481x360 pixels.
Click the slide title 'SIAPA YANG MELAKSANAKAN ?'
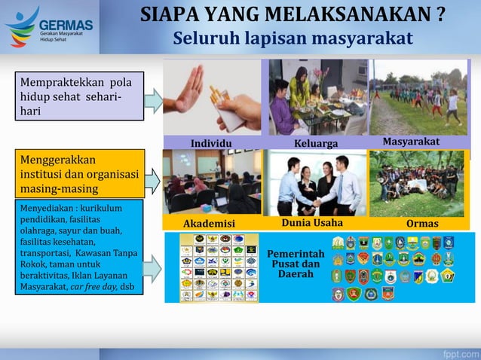tap(293, 15)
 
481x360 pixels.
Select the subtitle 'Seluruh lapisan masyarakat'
tap(293, 38)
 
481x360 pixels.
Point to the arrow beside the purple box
tap(154, 100)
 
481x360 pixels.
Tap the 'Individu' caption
tap(211, 143)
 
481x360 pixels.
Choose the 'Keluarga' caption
tap(316, 143)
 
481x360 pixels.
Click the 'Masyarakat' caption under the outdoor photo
tap(412, 142)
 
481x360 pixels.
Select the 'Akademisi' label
tap(210, 224)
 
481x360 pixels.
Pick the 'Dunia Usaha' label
tap(312, 223)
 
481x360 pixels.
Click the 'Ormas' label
tap(422, 224)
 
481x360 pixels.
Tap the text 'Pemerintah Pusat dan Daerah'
tap(296, 264)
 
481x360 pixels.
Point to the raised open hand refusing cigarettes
tap(188, 87)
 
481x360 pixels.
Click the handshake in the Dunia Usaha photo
tap(317, 202)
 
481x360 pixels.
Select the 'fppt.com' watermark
tap(458, 352)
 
